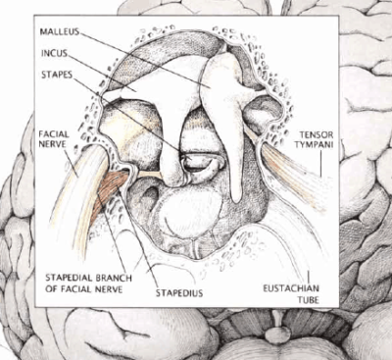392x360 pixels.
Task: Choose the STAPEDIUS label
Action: click(x=178, y=290)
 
